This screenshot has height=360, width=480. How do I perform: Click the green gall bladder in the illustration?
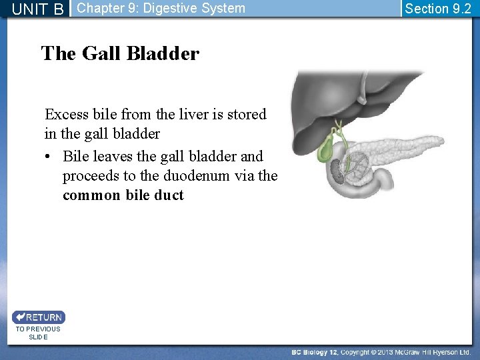click(326, 150)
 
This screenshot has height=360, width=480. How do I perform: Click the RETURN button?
click(39, 317)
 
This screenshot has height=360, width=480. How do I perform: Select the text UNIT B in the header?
click(38, 9)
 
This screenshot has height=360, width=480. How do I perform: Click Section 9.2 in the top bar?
click(438, 9)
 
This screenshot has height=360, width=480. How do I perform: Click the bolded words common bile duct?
click(123, 195)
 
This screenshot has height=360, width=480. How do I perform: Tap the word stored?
click(246, 115)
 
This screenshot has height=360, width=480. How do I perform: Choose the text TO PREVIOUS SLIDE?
click(38, 333)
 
